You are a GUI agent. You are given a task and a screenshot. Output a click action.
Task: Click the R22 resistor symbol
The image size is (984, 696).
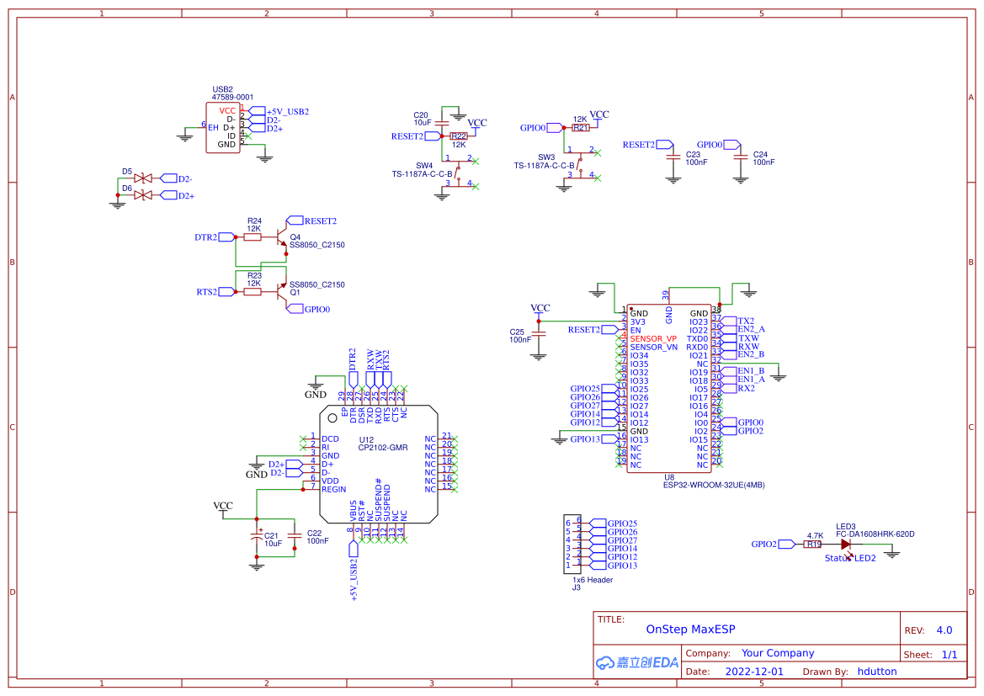tap(459, 135)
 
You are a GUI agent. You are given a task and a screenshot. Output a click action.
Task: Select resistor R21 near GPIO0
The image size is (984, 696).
tap(581, 128)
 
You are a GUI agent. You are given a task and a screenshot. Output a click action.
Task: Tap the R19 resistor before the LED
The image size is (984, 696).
tap(813, 545)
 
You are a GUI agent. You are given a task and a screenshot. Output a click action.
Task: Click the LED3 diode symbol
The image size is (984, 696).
tap(845, 545)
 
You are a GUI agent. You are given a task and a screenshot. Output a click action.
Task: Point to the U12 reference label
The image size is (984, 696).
tap(366, 439)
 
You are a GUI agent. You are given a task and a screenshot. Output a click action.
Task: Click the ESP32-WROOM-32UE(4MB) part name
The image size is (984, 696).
tap(714, 485)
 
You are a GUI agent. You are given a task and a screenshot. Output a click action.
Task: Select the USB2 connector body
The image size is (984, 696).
tap(223, 128)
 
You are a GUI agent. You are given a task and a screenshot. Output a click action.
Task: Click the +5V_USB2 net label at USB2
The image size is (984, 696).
tap(287, 111)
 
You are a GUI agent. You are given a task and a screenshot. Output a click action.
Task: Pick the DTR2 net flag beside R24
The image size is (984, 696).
tap(206, 237)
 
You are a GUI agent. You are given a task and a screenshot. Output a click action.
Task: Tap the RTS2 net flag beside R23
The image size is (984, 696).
tap(207, 292)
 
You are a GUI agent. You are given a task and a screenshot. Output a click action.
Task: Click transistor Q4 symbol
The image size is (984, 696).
tap(279, 237)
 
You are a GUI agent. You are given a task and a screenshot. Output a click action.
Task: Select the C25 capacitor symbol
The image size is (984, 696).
tap(540, 334)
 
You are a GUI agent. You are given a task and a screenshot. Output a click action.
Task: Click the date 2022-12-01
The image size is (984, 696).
tap(753, 672)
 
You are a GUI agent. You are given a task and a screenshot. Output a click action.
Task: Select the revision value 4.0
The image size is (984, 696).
tap(944, 630)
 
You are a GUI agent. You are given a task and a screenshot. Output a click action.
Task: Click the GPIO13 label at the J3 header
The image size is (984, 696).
tap(622, 566)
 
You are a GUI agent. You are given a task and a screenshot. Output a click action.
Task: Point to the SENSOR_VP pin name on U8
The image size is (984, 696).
tap(653, 338)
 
